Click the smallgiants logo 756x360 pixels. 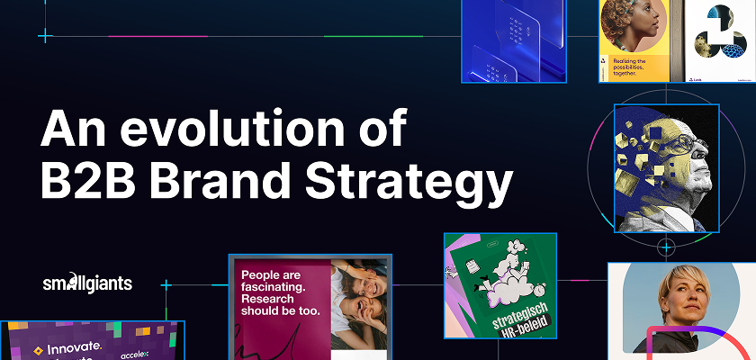tap(87, 283)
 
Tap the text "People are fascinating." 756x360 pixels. tap(279, 282)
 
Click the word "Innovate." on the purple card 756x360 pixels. tap(64, 348)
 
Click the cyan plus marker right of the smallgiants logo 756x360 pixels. tap(166, 285)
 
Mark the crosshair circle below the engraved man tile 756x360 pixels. tap(666, 246)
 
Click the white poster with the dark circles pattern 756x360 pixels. tap(720, 40)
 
